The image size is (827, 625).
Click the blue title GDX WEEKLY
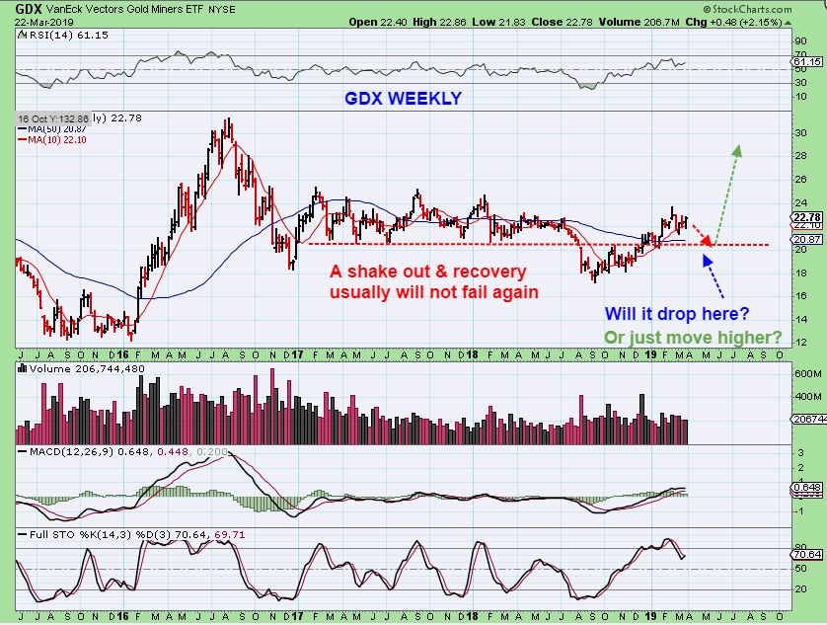click(x=403, y=99)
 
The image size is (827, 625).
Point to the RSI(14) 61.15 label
click(x=54, y=35)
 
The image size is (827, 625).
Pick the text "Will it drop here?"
click(x=676, y=313)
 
